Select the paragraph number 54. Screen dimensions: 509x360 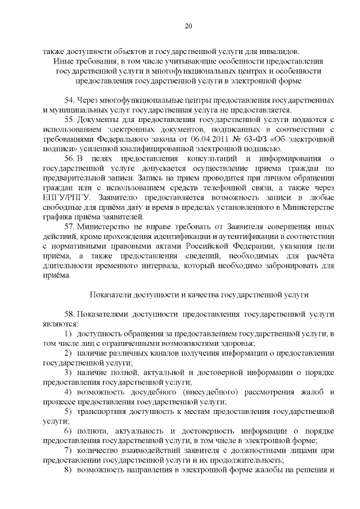tap(69, 100)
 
